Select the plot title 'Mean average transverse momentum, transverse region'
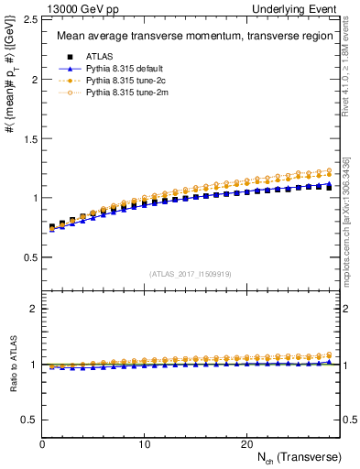coord(191,37)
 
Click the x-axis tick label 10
coord(145,444)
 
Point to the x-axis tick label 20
coord(246,444)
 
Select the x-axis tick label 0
coord(43,444)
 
